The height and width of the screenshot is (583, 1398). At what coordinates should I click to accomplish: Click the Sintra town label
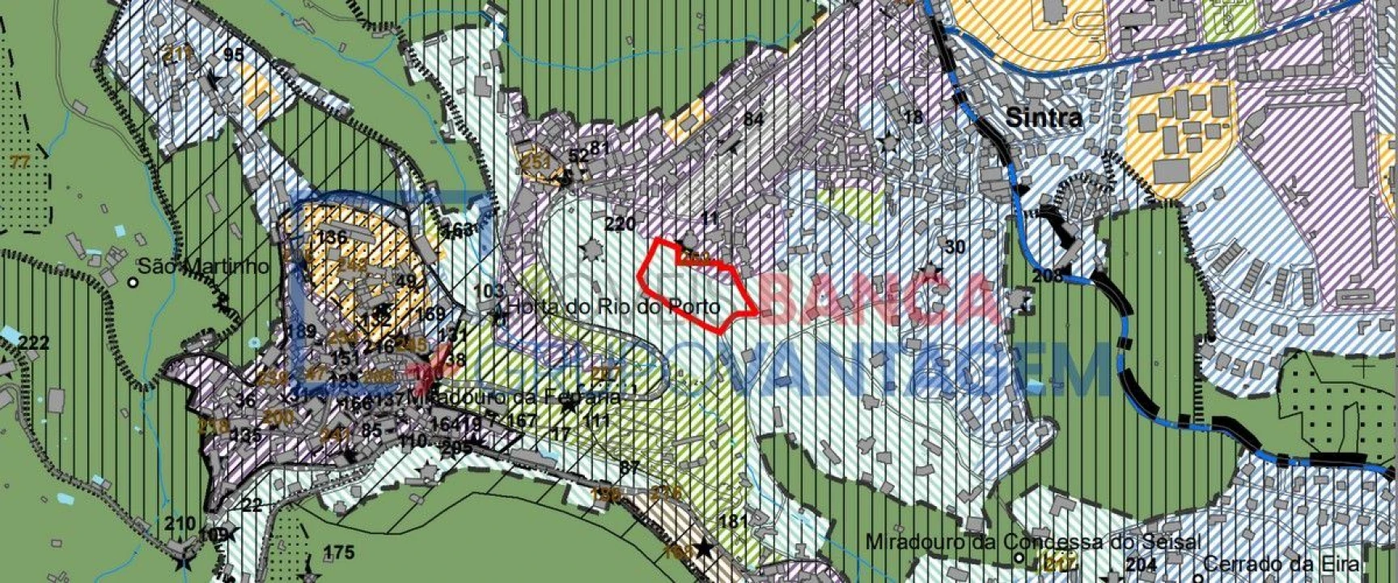(x=1044, y=117)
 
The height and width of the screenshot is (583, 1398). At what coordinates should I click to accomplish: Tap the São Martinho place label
(x=203, y=266)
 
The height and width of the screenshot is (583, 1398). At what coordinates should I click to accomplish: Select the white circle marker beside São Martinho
(x=133, y=283)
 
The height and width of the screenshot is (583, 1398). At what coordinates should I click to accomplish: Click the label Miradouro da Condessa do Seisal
(x=1033, y=541)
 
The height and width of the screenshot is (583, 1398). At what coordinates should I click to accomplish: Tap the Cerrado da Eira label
(x=1281, y=563)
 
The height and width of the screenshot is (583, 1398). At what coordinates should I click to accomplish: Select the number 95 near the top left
(x=234, y=55)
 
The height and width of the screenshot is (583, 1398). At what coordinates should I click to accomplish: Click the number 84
(x=753, y=120)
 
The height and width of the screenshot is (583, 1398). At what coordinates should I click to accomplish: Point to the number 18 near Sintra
(x=913, y=117)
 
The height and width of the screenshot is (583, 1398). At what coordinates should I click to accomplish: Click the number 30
(x=955, y=247)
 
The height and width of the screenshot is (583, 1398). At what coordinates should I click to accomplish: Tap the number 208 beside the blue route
(x=1047, y=276)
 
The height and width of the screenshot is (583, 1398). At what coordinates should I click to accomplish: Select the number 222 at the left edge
(x=33, y=343)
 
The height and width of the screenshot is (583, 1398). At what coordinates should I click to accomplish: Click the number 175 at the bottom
(x=338, y=552)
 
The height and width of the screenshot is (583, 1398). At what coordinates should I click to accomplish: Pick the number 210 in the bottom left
(x=180, y=523)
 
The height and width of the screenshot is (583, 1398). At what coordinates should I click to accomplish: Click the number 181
(x=733, y=521)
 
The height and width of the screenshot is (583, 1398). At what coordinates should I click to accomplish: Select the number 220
(x=620, y=224)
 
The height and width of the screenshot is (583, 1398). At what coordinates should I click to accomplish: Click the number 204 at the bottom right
(x=1141, y=564)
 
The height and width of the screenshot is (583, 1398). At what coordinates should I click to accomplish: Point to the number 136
(x=333, y=237)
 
